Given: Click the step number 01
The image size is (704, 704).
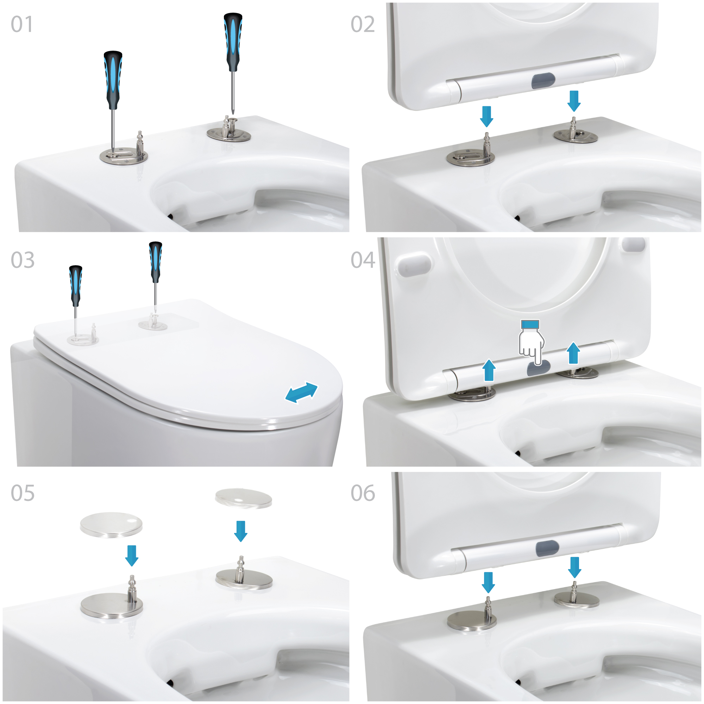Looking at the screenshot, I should (22, 24).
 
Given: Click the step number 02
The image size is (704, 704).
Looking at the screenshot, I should (362, 24).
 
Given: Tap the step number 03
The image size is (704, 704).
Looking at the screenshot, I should (23, 260).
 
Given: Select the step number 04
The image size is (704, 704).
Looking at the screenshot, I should (363, 260).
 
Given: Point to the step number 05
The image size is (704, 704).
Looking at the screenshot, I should (23, 493).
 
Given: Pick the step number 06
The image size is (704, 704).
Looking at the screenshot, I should (363, 493).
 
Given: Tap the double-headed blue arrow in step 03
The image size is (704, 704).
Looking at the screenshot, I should (301, 392).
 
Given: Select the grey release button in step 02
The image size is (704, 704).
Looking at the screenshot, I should (543, 81).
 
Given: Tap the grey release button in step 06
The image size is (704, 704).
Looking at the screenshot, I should (547, 548).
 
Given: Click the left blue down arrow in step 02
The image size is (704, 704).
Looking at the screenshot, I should (486, 116).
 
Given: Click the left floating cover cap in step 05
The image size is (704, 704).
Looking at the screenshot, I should (111, 525).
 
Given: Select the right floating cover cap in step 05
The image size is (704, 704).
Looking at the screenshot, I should (244, 498).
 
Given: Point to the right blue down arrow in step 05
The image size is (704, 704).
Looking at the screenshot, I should (240, 531).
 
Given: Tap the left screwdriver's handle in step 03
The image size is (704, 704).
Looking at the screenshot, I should (75, 286).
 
